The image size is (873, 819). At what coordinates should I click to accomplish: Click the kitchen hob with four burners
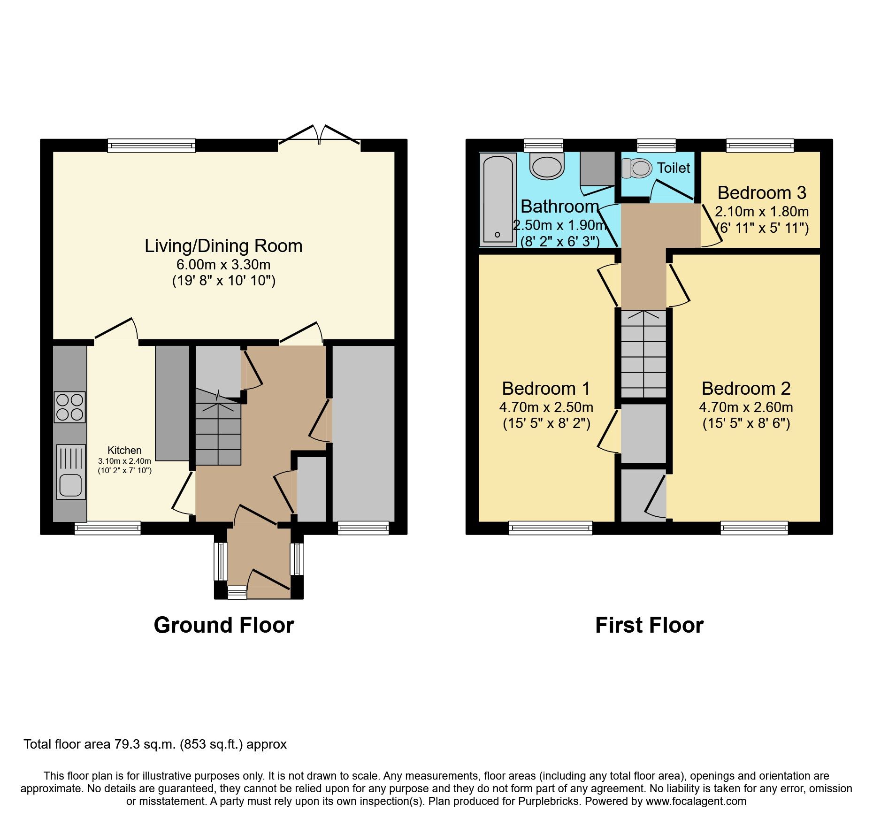pyautogui.click(x=70, y=407)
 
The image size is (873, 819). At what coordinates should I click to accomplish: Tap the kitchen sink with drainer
pyautogui.click(x=71, y=472)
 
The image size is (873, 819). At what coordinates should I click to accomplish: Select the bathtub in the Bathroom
pyautogui.click(x=498, y=199)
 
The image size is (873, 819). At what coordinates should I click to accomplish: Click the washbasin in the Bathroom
pyautogui.click(x=547, y=166)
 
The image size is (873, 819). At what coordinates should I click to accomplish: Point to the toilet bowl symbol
pyautogui.click(x=637, y=168)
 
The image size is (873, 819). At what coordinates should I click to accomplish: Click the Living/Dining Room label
pyautogui.click(x=223, y=246)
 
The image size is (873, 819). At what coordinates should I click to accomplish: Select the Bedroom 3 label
pyautogui.click(x=762, y=193)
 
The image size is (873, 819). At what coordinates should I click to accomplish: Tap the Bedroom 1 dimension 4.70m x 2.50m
pyautogui.click(x=546, y=407)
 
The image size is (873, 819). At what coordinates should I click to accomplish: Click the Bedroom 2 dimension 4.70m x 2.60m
pyautogui.click(x=746, y=407)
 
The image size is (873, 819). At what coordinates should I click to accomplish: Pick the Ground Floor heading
pyautogui.click(x=224, y=625)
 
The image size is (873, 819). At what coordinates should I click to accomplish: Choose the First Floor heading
pyautogui.click(x=649, y=625)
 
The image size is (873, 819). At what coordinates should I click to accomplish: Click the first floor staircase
pyautogui.click(x=643, y=354)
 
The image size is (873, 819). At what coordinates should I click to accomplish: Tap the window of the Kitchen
pyautogui.click(x=107, y=528)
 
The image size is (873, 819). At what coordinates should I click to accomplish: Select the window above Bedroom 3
pyautogui.click(x=760, y=145)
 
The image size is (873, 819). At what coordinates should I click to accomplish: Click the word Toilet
pyautogui.click(x=674, y=168)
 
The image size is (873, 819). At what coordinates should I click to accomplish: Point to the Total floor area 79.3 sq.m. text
pyautogui.click(x=155, y=744)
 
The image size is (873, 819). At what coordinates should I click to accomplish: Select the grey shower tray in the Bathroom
pyautogui.click(x=597, y=169)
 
